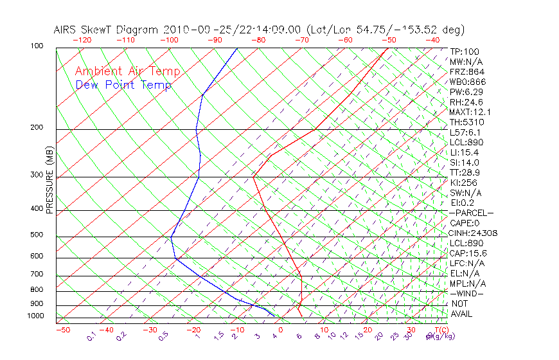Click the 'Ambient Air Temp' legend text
(127, 72)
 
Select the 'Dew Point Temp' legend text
(123, 85)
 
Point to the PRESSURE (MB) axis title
(49, 183)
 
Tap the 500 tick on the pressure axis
(36, 235)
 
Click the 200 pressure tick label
(36, 128)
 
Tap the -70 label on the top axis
(301, 40)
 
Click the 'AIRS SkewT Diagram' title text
(107, 30)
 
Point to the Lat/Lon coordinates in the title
(386, 30)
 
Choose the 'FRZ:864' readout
(466, 71)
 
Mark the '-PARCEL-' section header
(471, 213)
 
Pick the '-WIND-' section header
(466, 293)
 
